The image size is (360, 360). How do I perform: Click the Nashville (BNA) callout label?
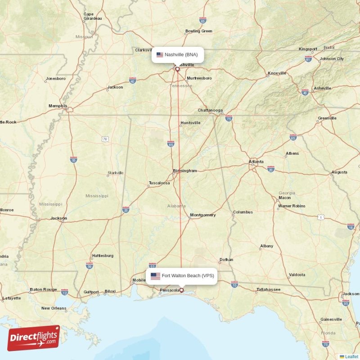[x=177, y=55]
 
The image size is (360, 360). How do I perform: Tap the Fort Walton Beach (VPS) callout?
[x=182, y=276]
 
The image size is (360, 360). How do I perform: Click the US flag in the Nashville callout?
[x=160, y=55]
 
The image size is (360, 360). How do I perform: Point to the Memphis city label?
[x=58, y=106]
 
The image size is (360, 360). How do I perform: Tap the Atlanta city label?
[x=256, y=162]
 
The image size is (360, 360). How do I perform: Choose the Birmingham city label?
[x=185, y=171]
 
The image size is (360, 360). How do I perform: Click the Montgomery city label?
[x=202, y=215]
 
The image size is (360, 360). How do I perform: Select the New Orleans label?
[x=54, y=308]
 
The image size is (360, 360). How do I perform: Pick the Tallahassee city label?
[x=268, y=289]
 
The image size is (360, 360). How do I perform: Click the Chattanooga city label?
[x=210, y=110]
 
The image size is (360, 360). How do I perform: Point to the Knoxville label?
[x=277, y=73]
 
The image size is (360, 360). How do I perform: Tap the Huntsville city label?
[x=190, y=123]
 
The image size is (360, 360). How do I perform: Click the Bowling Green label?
[x=198, y=31]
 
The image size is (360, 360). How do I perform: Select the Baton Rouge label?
[x=43, y=289]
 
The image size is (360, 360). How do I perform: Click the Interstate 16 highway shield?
[x=351, y=226]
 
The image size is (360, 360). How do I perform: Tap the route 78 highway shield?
[x=105, y=139]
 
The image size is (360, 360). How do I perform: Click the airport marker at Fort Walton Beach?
[x=182, y=290]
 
